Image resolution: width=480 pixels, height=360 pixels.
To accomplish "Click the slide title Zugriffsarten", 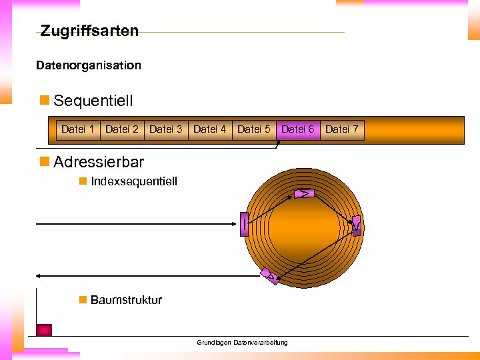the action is [x=89, y=31].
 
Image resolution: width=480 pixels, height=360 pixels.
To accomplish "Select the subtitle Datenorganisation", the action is [x=89, y=65].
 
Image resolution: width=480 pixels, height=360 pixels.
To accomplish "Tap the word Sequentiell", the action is [x=93, y=101].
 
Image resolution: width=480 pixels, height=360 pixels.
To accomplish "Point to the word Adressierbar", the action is [x=98, y=162].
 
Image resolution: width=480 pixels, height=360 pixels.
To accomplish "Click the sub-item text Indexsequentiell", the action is [x=133, y=181].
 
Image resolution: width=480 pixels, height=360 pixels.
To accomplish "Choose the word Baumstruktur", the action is [x=126, y=300].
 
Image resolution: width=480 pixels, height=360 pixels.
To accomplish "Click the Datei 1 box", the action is [x=77, y=129].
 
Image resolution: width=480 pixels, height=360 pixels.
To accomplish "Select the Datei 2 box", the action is [x=122, y=129].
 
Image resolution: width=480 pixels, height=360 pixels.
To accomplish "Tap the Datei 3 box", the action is [x=166, y=129].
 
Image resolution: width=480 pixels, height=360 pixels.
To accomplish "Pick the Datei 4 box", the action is [x=210, y=129].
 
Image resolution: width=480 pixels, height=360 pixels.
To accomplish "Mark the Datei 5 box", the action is [x=254, y=129].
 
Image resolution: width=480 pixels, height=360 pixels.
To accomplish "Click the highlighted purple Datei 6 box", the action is [x=298, y=129].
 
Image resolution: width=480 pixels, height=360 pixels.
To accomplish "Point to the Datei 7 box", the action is [x=342, y=129].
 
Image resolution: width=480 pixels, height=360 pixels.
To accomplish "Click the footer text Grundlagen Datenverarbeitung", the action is [x=242, y=343].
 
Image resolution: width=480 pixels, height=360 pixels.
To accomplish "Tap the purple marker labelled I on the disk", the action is [x=245, y=223].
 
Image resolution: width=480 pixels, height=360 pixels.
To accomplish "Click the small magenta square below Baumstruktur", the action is [x=44, y=329].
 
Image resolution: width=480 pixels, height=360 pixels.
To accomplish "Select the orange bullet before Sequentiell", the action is [x=45, y=101].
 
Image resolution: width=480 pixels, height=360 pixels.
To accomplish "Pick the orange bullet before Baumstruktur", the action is [x=83, y=300].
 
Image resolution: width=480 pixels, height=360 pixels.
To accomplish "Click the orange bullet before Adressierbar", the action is [x=45, y=162].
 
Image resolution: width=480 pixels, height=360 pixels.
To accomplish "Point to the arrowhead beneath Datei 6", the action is [x=279, y=145].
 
